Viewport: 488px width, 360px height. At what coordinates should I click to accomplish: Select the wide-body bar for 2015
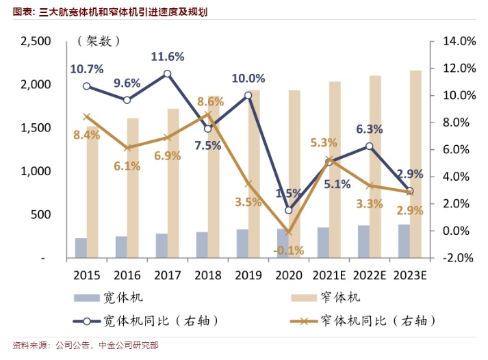point(81,248)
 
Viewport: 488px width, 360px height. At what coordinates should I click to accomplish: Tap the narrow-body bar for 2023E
point(415,164)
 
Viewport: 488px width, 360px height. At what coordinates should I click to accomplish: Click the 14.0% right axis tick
point(459,42)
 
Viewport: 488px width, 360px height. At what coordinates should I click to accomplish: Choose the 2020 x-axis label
point(288,275)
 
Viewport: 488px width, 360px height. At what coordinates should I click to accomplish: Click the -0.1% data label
point(289,250)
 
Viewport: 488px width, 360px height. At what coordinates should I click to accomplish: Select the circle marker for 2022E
point(370,146)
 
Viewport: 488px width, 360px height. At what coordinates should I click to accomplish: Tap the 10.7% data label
point(86,69)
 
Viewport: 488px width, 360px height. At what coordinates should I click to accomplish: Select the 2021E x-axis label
point(329,275)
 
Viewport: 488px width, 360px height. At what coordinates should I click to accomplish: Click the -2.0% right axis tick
point(458,258)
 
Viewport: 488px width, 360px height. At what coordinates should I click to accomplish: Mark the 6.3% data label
point(369,129)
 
